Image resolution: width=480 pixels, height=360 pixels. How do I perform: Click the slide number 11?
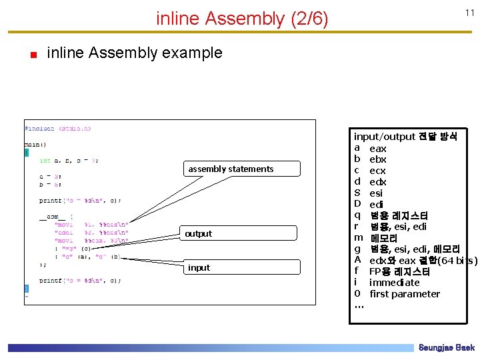click(469, 13)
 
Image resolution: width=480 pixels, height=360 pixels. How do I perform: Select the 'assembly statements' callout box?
click(231, 169)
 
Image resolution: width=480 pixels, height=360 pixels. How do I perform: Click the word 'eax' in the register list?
click(377, 148)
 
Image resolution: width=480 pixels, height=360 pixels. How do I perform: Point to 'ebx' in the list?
click(377, 159)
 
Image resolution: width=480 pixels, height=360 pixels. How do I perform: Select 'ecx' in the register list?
click(377, 171)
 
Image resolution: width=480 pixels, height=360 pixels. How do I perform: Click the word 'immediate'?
click(395, 283)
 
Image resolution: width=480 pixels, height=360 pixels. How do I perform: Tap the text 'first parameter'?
click(405, 294)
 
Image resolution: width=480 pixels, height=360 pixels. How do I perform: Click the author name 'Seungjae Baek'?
click(446, 348)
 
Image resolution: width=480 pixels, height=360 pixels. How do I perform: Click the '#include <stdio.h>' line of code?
click(58, 128)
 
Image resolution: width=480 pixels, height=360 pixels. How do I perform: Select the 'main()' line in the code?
click(35, 143)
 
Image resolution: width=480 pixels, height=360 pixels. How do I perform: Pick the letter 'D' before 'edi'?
click(357, 204)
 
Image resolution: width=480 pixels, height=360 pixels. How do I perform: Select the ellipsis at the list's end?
click(359, 305)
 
